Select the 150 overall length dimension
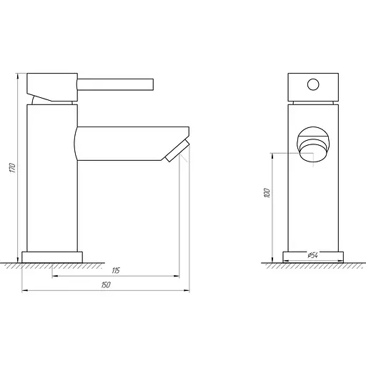(106, 285)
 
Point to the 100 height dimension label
(267, 193)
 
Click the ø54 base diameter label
(312, 255)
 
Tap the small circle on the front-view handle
(312, 85)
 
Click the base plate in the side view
(54, 256)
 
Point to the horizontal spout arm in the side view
(122, 143)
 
